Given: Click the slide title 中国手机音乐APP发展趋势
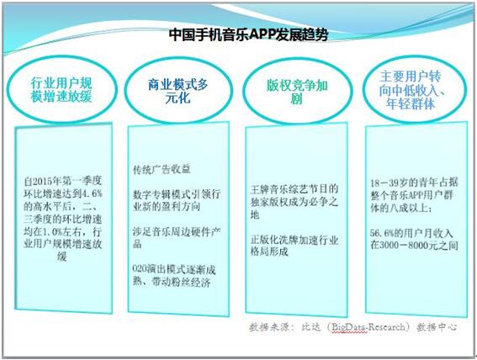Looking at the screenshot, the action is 248,34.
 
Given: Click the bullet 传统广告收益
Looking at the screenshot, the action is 162,169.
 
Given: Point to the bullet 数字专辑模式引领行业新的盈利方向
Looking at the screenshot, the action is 177,200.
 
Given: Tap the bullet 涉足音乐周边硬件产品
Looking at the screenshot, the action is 177,238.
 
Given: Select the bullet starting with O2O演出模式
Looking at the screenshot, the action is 174,276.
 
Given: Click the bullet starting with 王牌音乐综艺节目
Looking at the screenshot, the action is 294,202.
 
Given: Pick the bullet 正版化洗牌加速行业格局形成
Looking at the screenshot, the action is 294,246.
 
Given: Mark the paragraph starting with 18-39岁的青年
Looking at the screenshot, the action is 414,195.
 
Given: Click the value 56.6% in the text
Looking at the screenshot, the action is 382,233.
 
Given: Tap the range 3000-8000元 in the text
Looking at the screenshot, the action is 408,246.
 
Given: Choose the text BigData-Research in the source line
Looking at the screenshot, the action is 368,327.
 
